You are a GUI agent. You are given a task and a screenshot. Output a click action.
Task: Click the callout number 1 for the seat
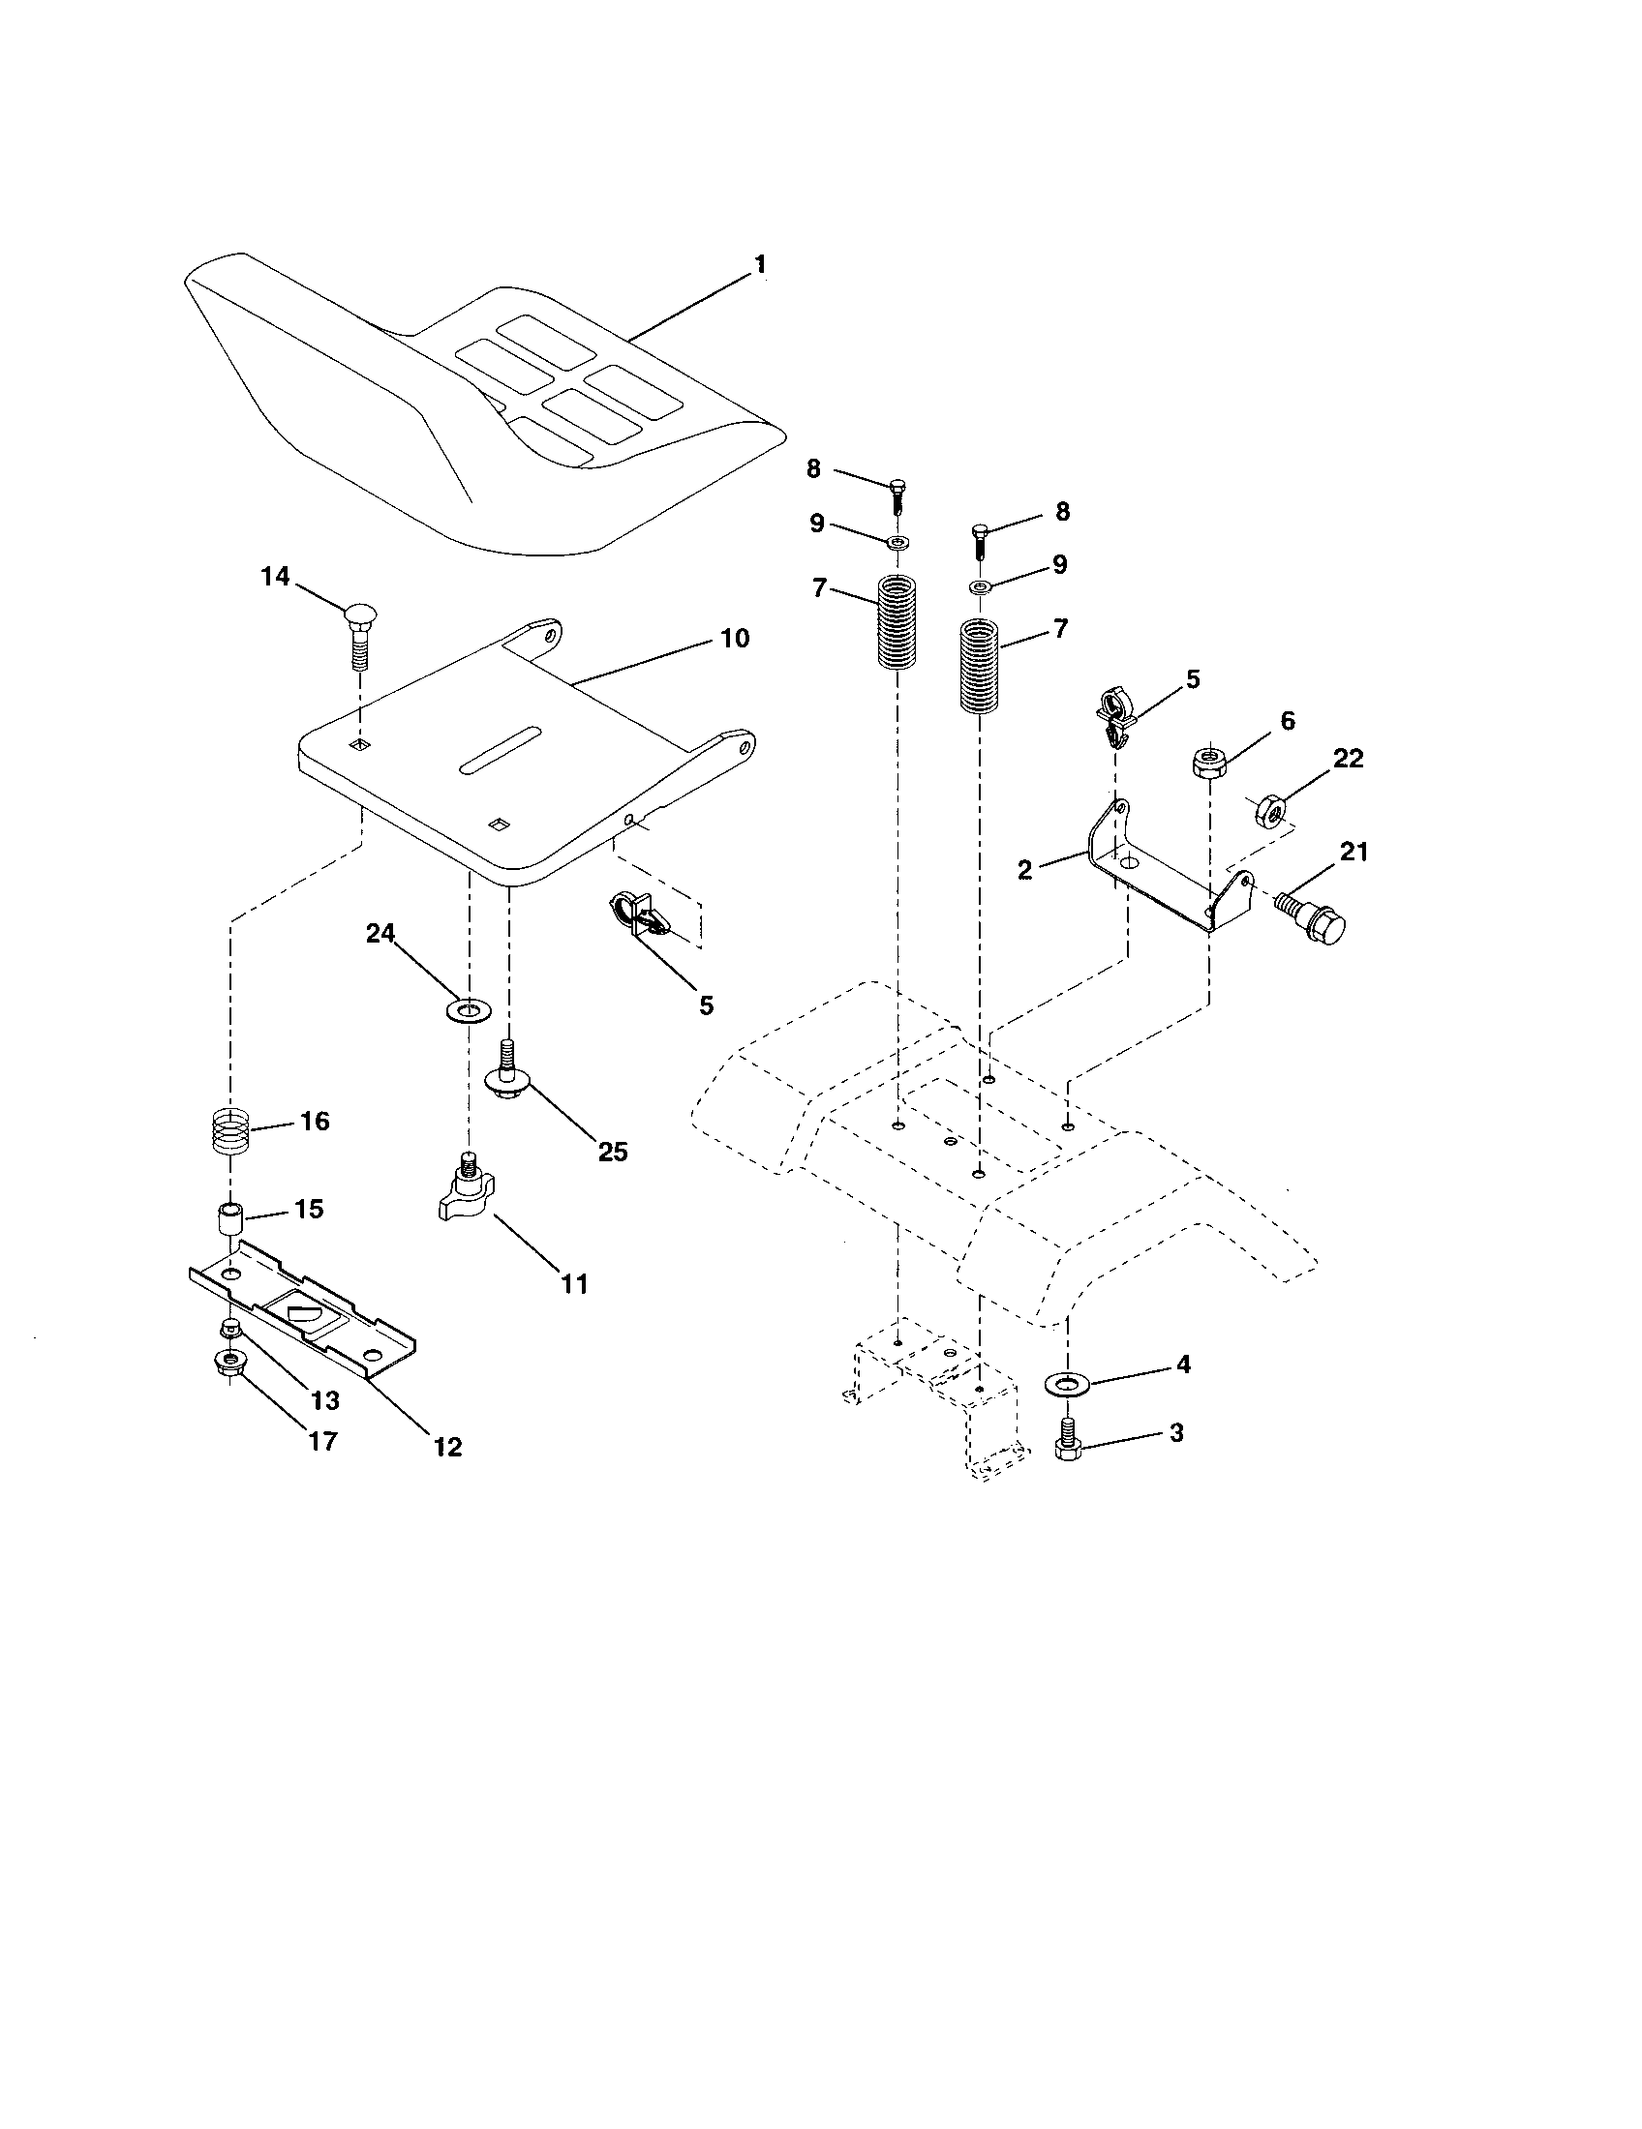(760, 265)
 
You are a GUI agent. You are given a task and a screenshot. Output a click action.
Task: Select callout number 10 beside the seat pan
(734, 639)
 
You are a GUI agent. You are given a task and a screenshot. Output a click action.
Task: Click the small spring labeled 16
(232, 1133)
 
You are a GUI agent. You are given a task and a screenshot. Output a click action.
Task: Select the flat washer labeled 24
(469, 1009)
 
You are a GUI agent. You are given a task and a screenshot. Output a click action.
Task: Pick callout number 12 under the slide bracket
(447, 1447)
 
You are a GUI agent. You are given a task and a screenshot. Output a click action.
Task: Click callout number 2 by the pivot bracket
(1023, 870)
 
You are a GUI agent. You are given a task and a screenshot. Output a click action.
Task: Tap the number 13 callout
(324, 1401)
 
